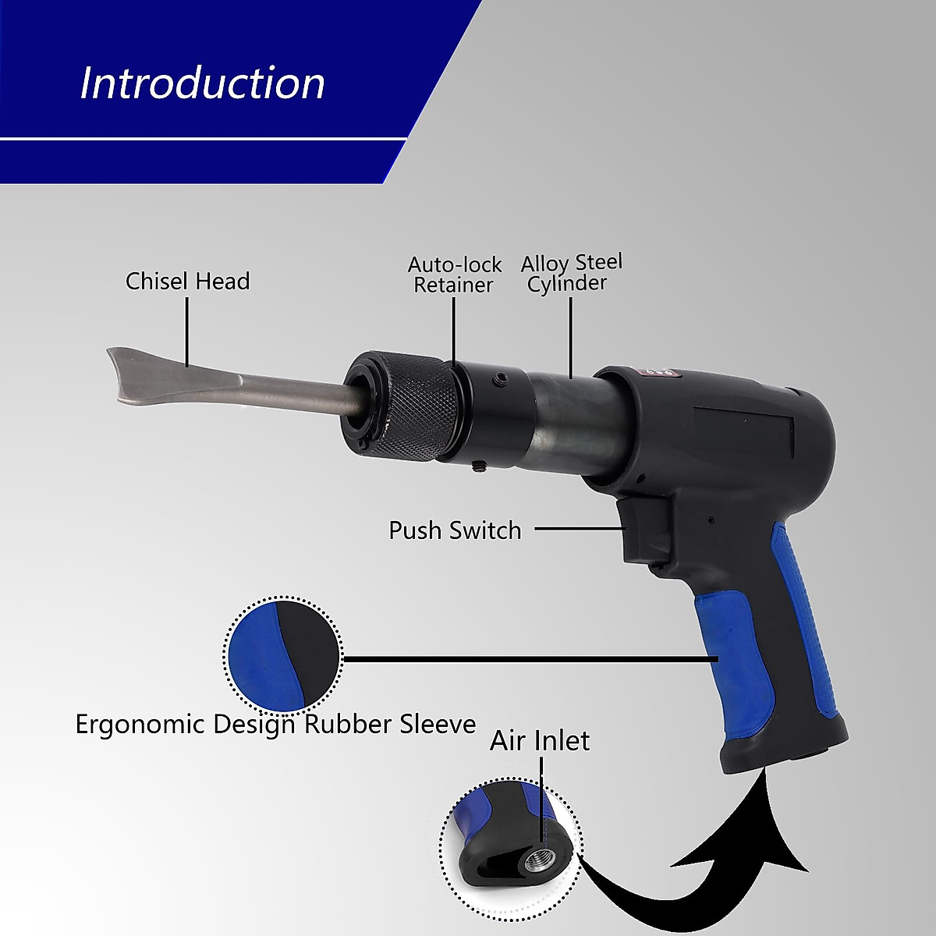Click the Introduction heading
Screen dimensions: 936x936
(202, 83)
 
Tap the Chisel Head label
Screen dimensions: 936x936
(187, 281)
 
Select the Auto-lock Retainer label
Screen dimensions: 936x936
(454, 275)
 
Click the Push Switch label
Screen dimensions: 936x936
(455, 530)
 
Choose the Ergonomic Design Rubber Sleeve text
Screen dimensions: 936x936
(275, 725)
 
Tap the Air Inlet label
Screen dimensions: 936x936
(540, 740)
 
